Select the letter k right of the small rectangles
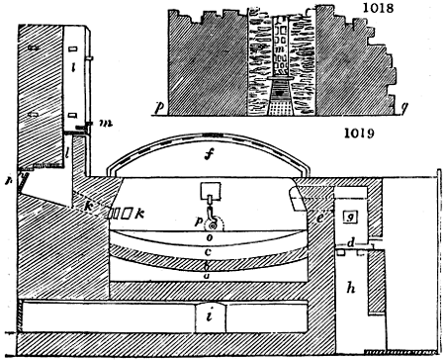pos(140,212)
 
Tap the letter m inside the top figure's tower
pos(283,48)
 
